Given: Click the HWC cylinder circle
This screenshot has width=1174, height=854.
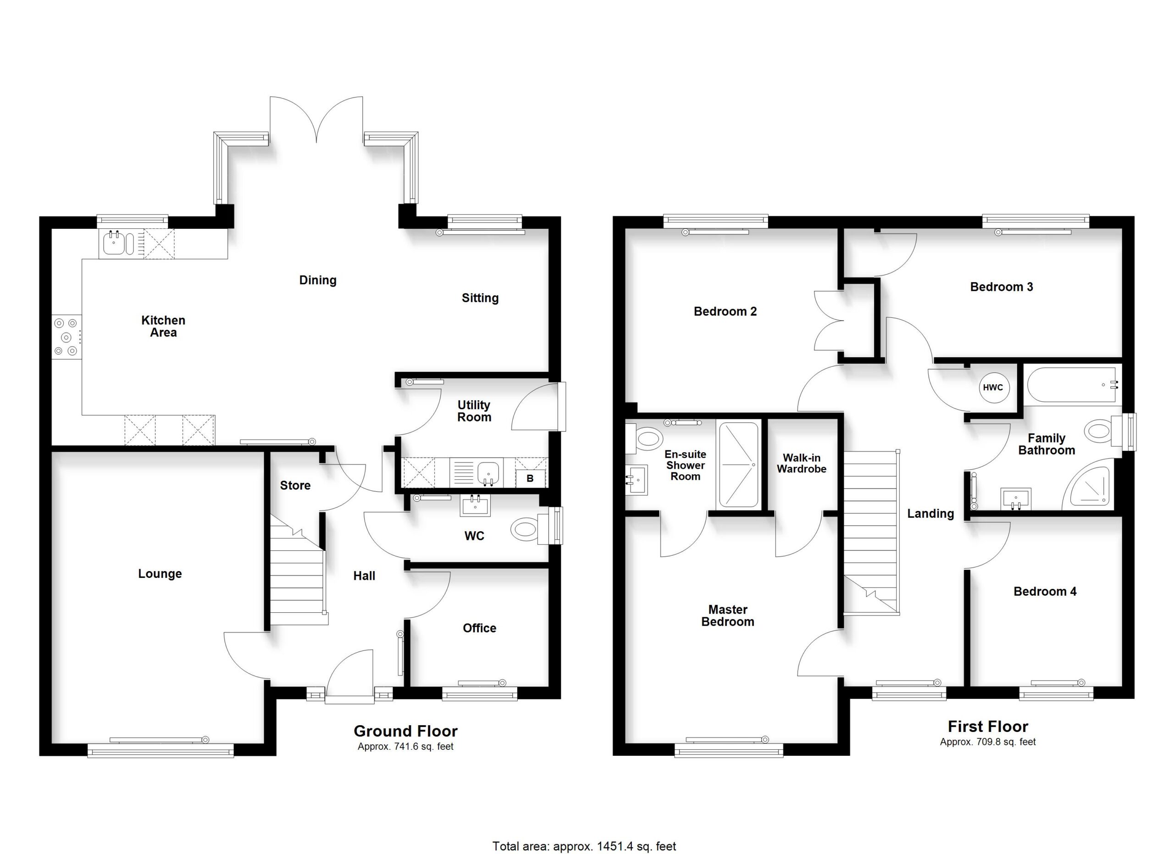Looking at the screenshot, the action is (x=992, y=387).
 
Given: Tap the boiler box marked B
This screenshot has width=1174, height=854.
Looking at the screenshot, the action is (x=530, y=478).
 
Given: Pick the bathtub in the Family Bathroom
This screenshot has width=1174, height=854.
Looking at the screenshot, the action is (x=1072, y=384).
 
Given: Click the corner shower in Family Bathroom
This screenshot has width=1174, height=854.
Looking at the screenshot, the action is (x=1087, y=488).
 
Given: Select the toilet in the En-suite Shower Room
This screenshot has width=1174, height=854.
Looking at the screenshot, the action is (x=644, y=439).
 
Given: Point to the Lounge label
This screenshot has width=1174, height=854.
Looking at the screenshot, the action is (x=160, y=573).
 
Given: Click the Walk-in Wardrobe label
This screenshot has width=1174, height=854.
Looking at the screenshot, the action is (x=801, y=463).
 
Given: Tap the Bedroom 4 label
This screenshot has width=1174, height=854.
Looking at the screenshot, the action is (x=1045, y=591).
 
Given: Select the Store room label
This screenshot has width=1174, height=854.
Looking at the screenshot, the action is (x=295, y=485).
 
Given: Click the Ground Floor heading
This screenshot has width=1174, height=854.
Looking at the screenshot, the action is (x=405, y=731).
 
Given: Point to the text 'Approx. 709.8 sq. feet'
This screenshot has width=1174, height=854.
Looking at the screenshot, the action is (x=988, y=742).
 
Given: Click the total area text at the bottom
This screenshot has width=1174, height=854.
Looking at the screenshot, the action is (x=584, y=846).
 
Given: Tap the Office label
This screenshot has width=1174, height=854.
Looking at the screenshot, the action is (x=479, y=628).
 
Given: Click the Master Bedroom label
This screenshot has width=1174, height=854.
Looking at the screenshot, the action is (x=727, y=616).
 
